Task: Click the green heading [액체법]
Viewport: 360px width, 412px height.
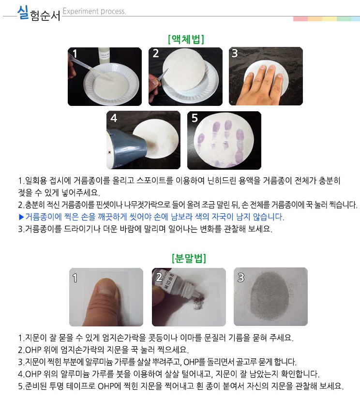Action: click(x=186, y=40)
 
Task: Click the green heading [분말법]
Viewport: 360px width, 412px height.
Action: click(x=189, y=258)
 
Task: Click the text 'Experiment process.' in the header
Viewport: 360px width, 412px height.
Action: click(x=94, y=12)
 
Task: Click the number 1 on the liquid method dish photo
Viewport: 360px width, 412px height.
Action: click(x=75, y=54)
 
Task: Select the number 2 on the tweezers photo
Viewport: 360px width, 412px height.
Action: click(x=156, y=54)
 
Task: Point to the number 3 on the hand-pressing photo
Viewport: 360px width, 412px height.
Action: click(x=235, y=54)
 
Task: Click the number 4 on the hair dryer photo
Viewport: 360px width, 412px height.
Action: click(x=114, y=118)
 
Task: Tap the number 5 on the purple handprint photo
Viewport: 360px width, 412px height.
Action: click(x=195, y=118)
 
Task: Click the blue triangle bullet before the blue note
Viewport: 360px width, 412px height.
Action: click(x=21, y=217)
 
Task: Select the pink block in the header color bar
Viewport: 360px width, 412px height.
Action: click(x=300, y=19)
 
